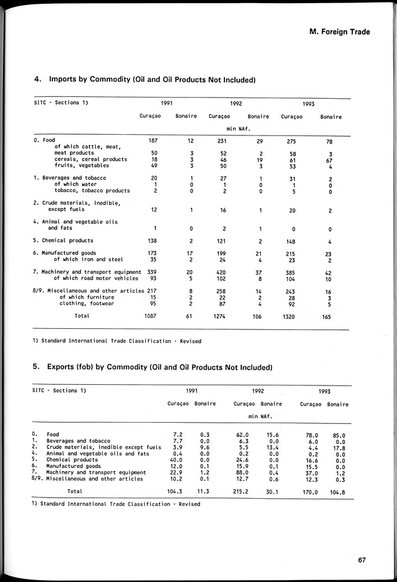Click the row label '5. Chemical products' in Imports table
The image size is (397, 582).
[63, 241]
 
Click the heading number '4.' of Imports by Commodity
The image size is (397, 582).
[37, 80]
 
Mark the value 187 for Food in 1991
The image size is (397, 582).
[152, 140]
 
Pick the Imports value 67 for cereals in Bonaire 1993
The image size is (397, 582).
[329, 159]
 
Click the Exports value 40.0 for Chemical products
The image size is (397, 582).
[176, 460]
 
